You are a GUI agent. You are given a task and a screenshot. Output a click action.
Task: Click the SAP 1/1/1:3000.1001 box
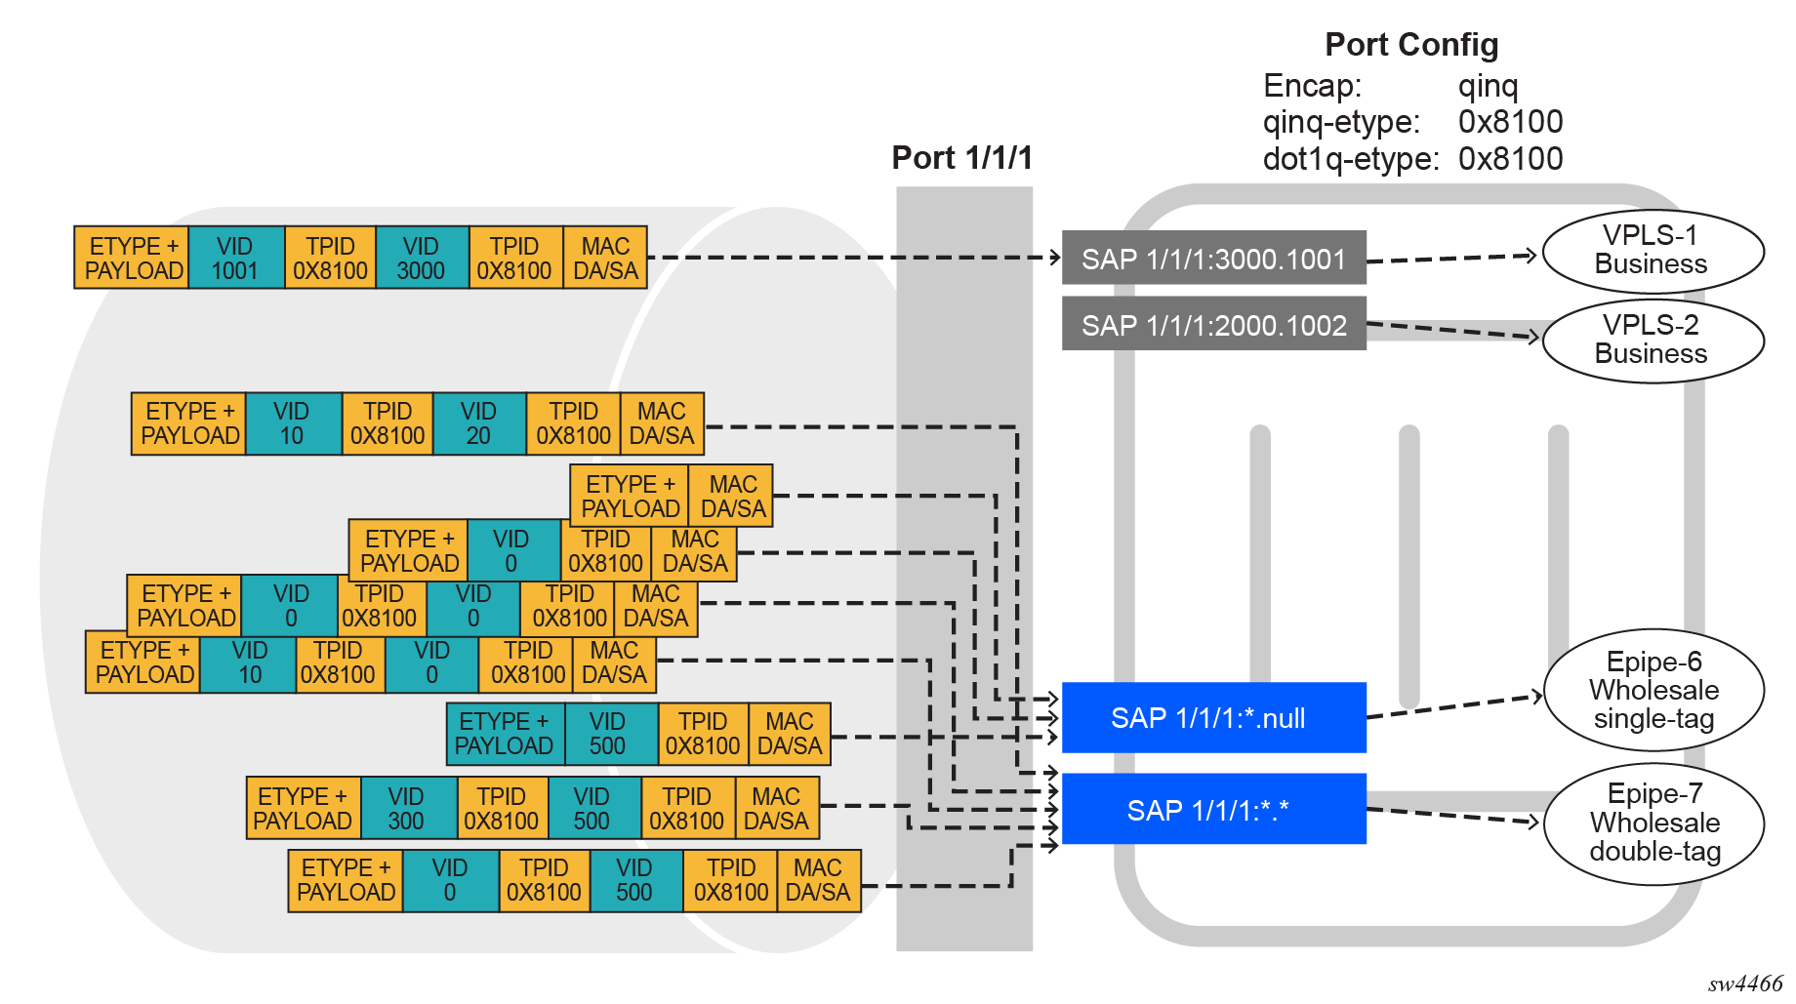pyautogui.click(x=1213, y=259)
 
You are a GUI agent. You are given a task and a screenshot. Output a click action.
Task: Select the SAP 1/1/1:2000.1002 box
pyautogui.click(x=1213, y=325)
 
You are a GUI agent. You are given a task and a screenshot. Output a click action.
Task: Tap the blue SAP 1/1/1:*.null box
pyautogui.click(x=1213, y=718)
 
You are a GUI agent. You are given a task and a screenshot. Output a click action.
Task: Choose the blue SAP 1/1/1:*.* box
pyautogui.click(x=1213, y=809)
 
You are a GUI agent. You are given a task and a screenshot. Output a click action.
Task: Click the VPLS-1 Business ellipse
pyautogui.click(x=1652, y=251)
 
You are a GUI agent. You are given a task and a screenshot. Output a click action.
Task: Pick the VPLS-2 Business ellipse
pyautogui.click(x=1652, y=340)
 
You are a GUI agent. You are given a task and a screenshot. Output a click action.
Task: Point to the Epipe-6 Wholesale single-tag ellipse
pyautogui.click(x=1653, y=690)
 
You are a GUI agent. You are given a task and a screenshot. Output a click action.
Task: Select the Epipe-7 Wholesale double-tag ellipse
pyautogui.click(x=1654, y=823)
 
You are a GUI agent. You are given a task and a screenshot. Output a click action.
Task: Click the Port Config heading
pyautogui.click(x=1411, y=45)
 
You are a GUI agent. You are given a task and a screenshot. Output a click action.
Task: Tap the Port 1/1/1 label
pyautogui.click(x=961, y=158)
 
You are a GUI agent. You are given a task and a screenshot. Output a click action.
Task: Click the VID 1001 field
pyautogui.click(x=235, y=259)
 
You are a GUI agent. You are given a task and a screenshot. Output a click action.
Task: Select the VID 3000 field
pyautogui.click(x=421, y=259)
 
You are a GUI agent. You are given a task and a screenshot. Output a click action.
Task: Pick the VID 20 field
pyautogui.click(x=478, y=423)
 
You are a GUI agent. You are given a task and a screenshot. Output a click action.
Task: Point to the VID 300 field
pyautogui.click(x=406, y=809)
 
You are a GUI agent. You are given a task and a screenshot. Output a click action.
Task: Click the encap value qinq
pyautogui.click(x=1488, y=86)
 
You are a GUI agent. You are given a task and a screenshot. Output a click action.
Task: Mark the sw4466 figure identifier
pyautogui.click(x=1744, y=984)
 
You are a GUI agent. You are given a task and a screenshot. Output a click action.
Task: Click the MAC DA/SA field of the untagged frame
pyautogui.click(x=732, y=497)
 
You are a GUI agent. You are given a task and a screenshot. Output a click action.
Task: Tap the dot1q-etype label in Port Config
pyautogui.click(x=1351, y=159)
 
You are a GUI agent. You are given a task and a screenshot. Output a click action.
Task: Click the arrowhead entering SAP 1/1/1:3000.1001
pyautogui.click(x=1055, y=258)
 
